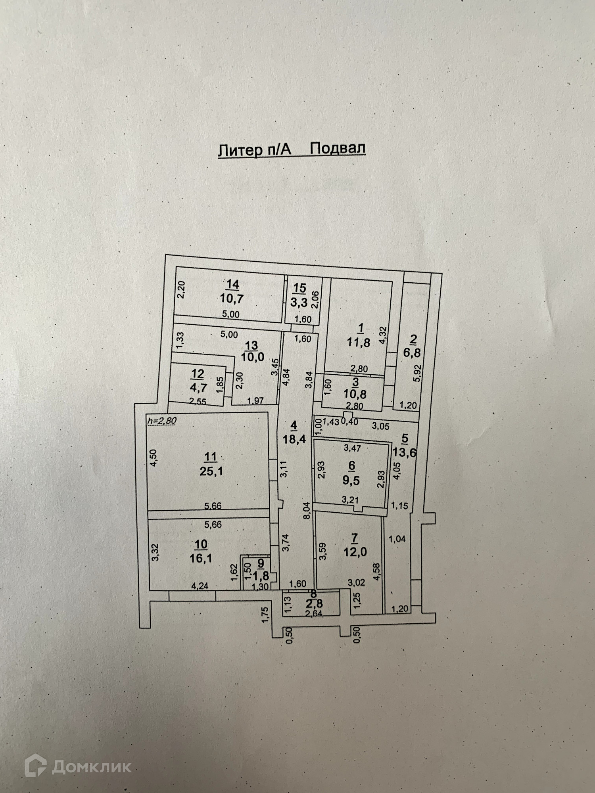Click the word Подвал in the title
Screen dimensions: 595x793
pos(337,149)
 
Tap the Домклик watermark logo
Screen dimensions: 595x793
pos(78,767)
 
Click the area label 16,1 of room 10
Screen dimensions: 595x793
pos(201,558)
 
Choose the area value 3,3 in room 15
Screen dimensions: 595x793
pos(299,303)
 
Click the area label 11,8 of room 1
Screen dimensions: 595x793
pos(359,342)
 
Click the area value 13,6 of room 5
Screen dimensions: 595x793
pos(404,452)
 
